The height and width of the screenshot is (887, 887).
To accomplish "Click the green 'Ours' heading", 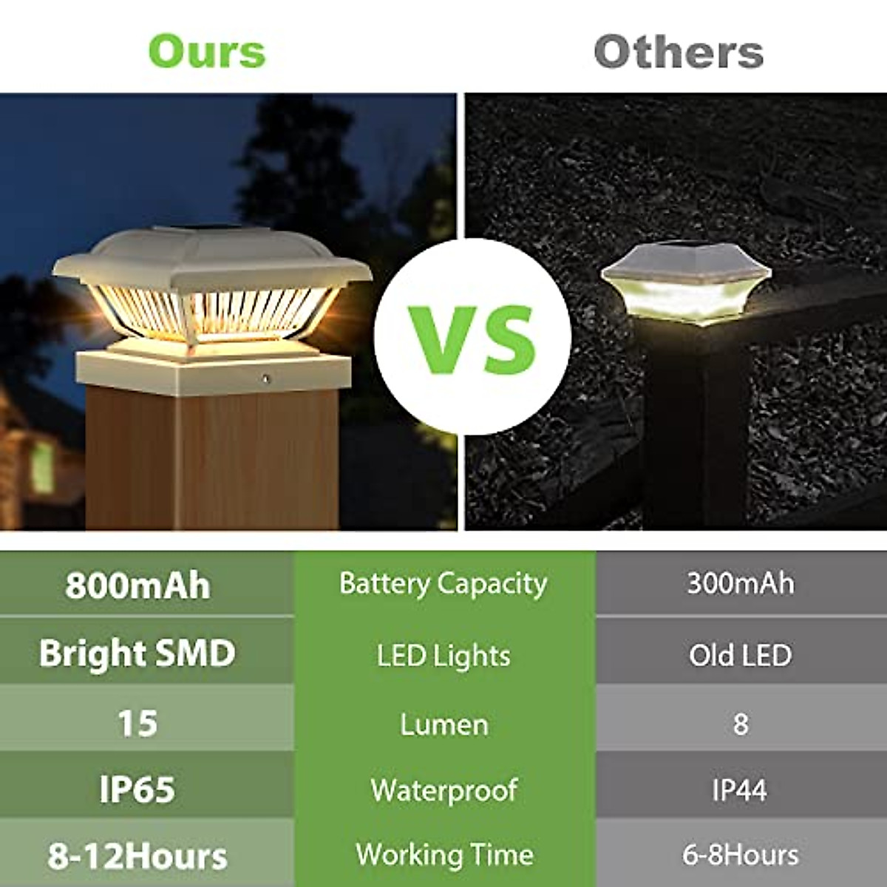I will tap(207, 51).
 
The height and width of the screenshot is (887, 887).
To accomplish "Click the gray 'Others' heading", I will tap(679, 52).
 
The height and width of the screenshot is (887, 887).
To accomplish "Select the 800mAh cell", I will tap(137, 585).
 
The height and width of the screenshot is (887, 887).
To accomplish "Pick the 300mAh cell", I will tap(740, 583).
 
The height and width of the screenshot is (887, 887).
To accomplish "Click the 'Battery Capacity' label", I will tap(443, 584).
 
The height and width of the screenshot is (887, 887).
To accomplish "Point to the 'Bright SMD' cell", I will tap(137, 653).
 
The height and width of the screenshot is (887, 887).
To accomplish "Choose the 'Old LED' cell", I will tap(740, 655).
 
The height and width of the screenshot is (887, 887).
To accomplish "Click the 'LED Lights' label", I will tap(443, 656).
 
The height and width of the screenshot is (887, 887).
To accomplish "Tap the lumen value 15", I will tap(137, 722).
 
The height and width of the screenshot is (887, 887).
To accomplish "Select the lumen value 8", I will tap(740, 723).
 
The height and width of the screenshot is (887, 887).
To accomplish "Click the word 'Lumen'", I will tap(443, 724).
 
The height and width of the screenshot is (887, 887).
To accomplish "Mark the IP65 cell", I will tap(137, 789).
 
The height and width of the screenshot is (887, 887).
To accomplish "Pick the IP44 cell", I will tap(740, 790).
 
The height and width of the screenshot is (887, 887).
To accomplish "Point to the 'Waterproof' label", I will tap(443, 790).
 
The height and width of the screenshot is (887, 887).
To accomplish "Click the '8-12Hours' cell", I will tap(137, 856).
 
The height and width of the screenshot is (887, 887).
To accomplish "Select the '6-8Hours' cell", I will tap(740, 854).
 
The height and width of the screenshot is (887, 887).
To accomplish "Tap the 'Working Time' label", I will tap(443, 854).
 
